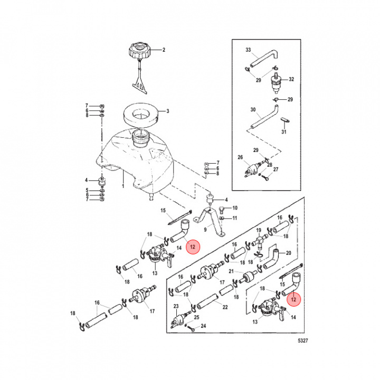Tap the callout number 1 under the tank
tap(123, 186)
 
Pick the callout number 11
tap(235, 218)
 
